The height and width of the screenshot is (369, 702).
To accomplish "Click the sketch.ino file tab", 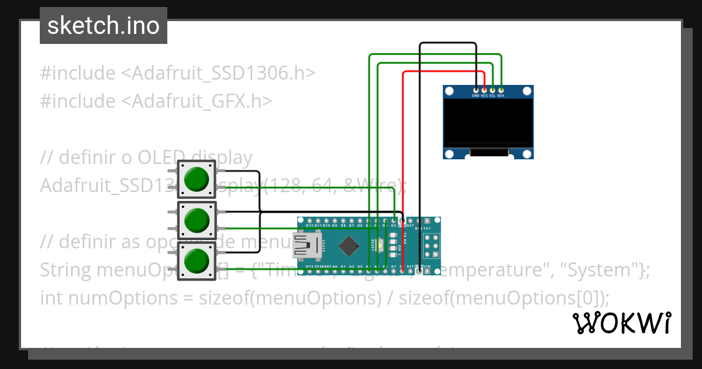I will point(104,26).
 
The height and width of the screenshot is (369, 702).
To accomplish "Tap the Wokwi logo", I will point(621,323).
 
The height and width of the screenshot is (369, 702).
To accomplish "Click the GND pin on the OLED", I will point(476,90).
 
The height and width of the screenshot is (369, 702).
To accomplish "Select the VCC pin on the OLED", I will point(484,90).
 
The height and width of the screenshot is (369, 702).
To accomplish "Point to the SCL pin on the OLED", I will point(493,90).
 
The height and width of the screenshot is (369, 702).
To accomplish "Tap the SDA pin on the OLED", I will point(501,90).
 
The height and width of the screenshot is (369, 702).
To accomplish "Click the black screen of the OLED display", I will point(488,123).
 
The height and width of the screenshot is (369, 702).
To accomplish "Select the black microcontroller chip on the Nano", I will point(349,246).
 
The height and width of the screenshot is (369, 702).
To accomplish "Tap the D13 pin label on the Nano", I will point(309,266).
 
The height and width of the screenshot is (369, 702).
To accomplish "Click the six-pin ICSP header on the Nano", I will point(432,245).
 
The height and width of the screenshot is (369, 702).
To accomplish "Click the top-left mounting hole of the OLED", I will point(449,91).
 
